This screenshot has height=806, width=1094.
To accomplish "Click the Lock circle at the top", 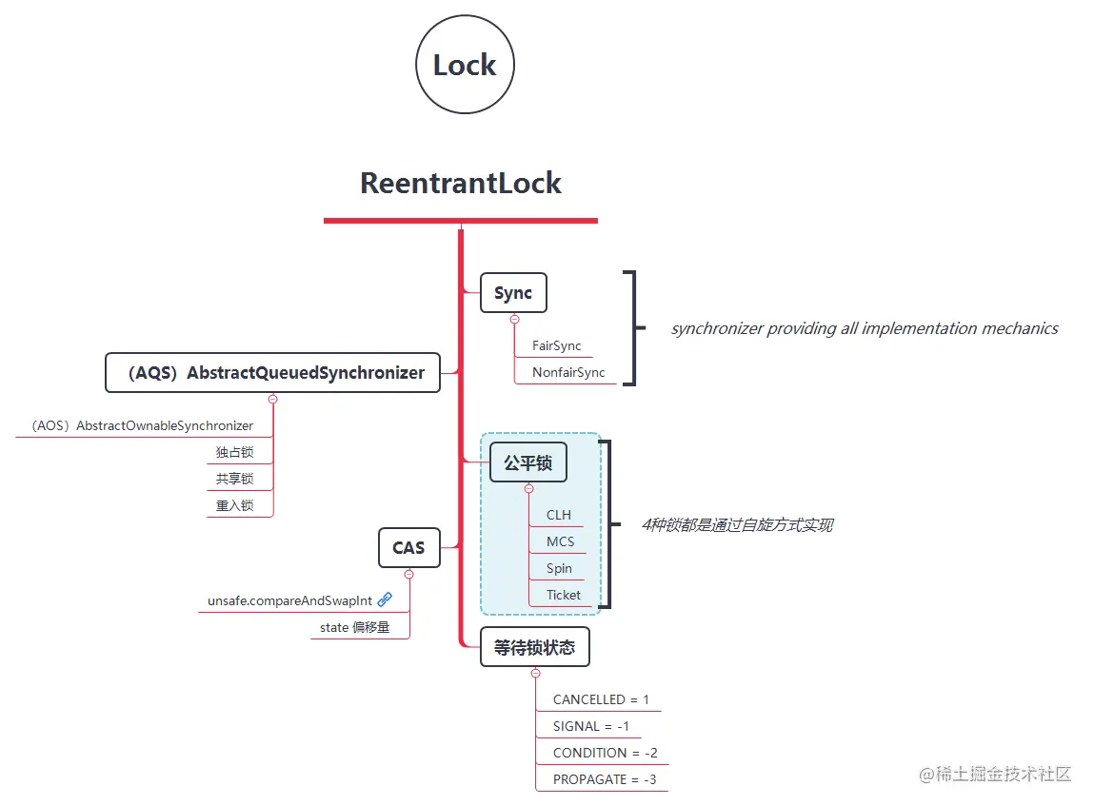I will click(x=465, y=65).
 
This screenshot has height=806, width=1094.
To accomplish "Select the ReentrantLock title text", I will click(x=461, y=183).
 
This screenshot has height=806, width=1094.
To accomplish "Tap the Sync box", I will click(x=513, y=293).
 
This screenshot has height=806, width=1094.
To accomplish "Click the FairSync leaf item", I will click(x=557, y=346).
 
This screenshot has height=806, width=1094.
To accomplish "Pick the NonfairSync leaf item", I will click(x=568, y=373).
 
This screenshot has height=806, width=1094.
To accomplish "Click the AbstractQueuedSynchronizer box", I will click(x=272, y=373).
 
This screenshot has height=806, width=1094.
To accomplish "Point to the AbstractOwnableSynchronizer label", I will click(x=142, y=426).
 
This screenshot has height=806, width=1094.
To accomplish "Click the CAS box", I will click(x=409, y=548).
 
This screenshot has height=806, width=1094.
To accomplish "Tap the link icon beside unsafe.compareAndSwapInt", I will click(x=385, y=600).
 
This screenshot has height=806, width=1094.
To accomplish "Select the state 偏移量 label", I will click(x=354, y=628).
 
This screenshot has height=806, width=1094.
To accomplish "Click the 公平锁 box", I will click(x=528, y=463).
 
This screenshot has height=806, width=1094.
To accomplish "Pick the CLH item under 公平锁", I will click(x=559, y=516).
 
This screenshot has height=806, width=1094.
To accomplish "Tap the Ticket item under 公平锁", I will click(x=564, y=596).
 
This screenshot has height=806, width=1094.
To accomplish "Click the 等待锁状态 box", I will click(x=535, y=647).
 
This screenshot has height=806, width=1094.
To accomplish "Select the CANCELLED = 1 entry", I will click(x=601, y=700).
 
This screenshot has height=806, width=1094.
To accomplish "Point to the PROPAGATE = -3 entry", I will click(x=605, y=780).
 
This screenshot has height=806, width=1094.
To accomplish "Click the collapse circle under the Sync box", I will click(x=514, y=320).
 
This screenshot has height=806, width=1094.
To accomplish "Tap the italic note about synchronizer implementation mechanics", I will click(x=865, y=328).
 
